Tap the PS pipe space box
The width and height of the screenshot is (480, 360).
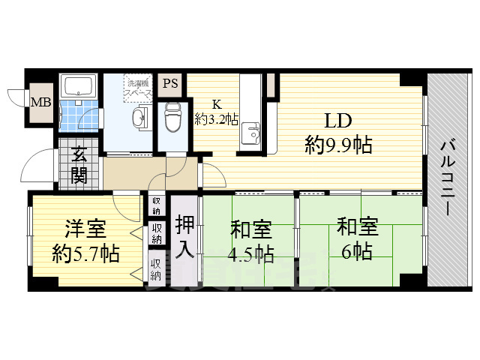coord(170,84)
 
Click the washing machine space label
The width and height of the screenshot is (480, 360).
coord(139,87)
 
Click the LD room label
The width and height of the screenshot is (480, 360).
coord(338,121)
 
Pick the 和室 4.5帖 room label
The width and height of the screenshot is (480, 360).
coord(250,239)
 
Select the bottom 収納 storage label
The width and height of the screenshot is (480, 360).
coord(156,268)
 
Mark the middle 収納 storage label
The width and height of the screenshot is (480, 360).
coord(156,233)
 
